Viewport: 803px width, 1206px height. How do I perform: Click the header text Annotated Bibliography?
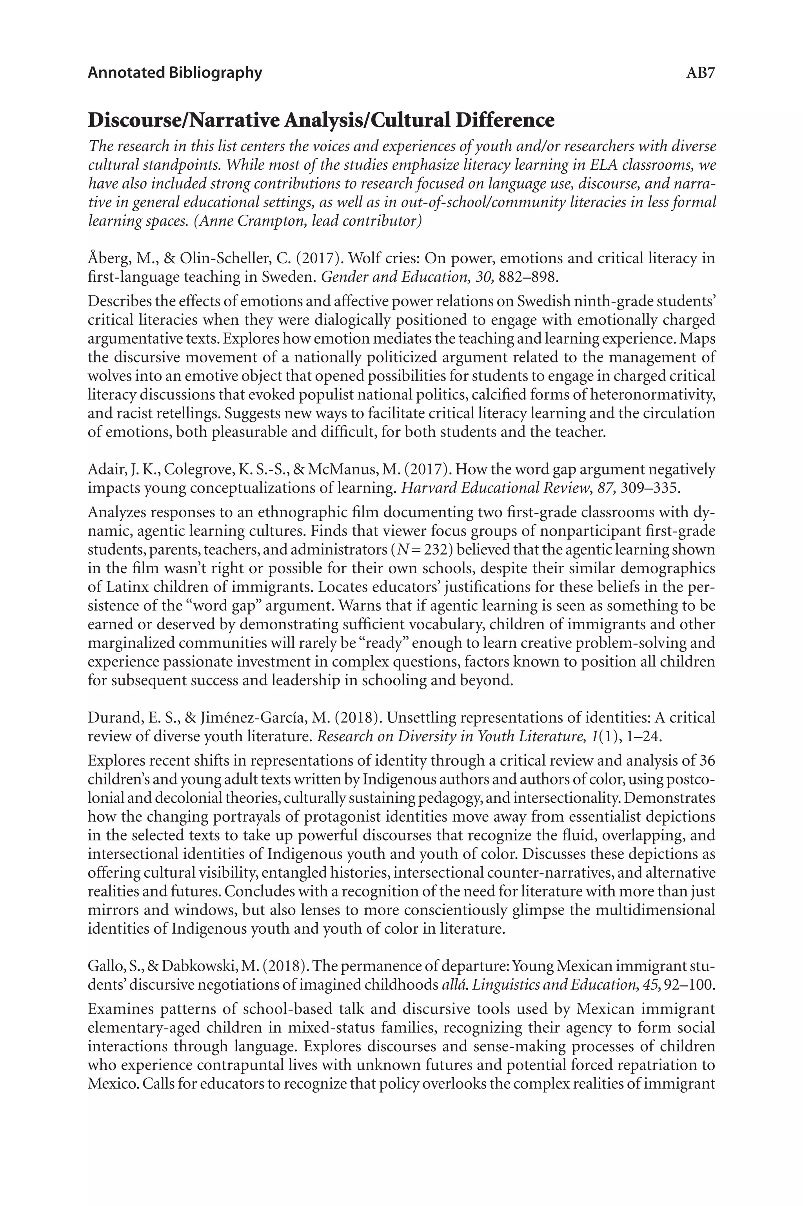[174, 72]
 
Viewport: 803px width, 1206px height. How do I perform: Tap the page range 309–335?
[649, 488]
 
